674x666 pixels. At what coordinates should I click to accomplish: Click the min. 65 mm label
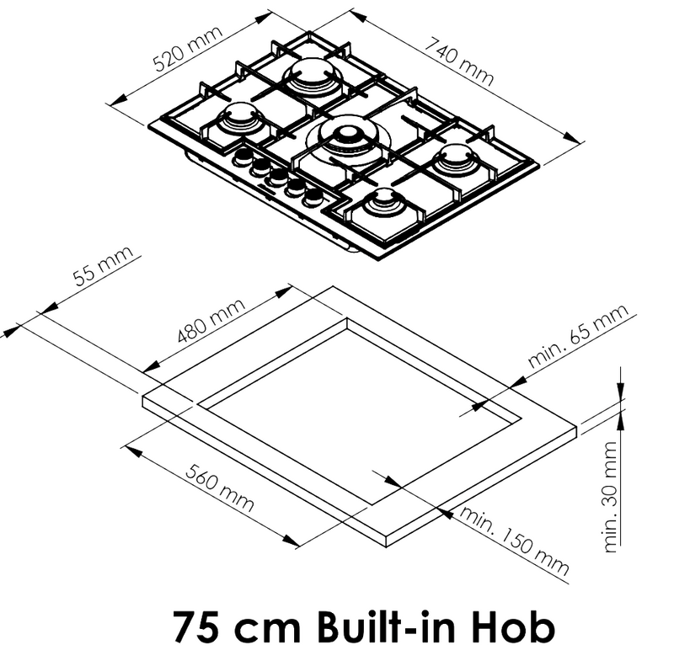[580, 337]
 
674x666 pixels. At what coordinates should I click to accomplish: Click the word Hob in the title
[514, 627]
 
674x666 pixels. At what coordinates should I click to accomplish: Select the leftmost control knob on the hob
[243, 157]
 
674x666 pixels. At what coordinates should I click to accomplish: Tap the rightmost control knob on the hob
[313, 195]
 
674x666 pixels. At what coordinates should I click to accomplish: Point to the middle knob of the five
[277, 176]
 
